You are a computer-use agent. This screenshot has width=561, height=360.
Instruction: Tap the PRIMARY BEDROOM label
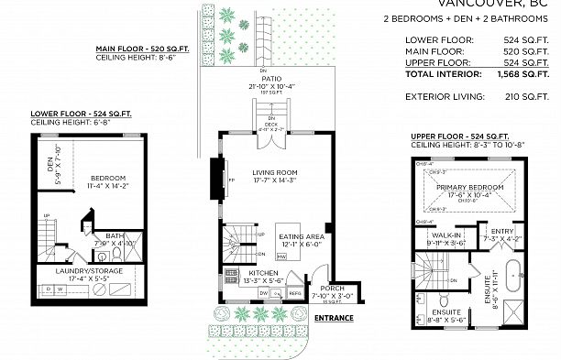tap(470, 188)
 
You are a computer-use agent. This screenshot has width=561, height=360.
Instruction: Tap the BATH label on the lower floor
tap(114, 236)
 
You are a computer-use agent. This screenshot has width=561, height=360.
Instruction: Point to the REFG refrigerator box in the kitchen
tap(294, 292)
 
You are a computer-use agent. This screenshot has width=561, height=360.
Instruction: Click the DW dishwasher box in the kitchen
tap(263, 292)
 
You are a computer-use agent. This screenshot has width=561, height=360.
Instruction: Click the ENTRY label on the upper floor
tap(501, 231)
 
